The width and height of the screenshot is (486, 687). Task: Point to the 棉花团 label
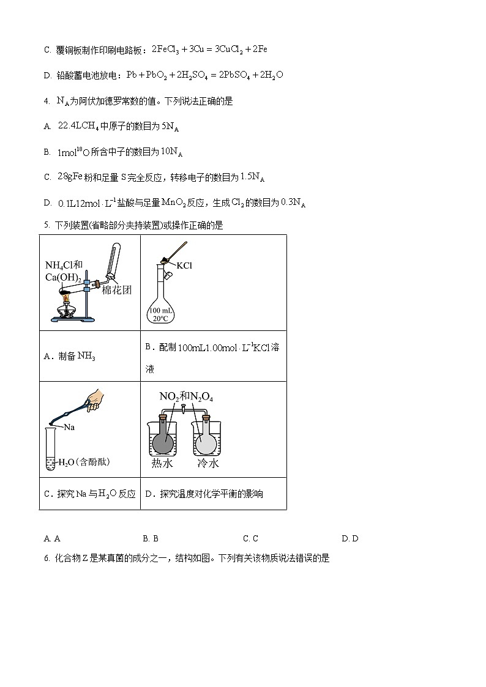[116, 289]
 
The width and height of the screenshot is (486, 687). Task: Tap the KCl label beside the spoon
[184, 266]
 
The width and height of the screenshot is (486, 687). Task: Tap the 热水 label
[162, 464]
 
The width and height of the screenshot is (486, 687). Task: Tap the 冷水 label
[207, 464]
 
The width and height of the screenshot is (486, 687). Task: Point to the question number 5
[47, 225]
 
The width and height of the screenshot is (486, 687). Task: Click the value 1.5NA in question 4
[253, 177]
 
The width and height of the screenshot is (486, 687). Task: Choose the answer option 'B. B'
[151, 538]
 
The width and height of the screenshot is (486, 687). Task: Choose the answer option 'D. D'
[350, 538]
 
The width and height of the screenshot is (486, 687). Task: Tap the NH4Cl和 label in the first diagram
[64, 265]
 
